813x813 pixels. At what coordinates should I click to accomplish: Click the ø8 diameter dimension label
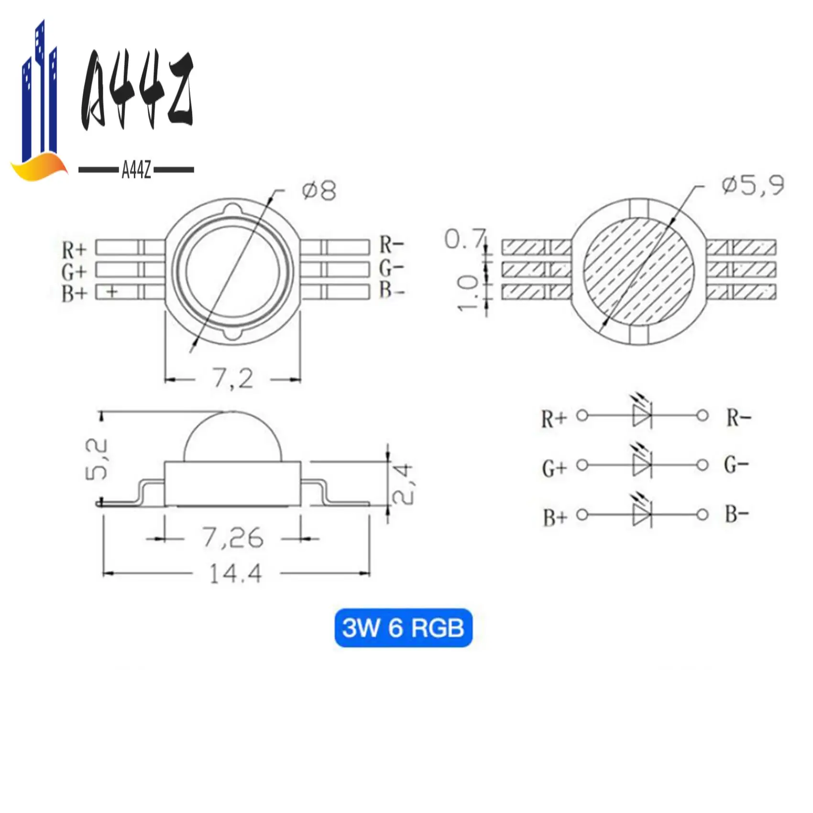point(319,191)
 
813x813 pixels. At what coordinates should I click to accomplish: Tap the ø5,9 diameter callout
point(753,185)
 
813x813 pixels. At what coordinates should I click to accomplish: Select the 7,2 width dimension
point(233,379)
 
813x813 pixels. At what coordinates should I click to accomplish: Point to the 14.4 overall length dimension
point(236,573)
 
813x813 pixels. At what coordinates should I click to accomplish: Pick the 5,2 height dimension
point(97,459)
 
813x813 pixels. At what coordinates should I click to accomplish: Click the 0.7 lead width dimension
point(464,239)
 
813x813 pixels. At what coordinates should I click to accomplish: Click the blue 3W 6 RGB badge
point(403,627)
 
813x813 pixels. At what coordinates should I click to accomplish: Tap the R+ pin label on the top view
point(74,250)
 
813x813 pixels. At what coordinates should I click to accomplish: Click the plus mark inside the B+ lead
point(112,291)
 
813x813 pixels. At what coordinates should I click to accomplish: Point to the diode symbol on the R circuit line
point(642,415)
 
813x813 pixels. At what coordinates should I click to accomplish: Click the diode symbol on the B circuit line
point(642,515)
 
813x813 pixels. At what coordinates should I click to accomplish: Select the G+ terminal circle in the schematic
point(582,465)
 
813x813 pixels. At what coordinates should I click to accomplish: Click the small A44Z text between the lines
point(136,170)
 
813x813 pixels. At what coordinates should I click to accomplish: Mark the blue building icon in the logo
point(41,96)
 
